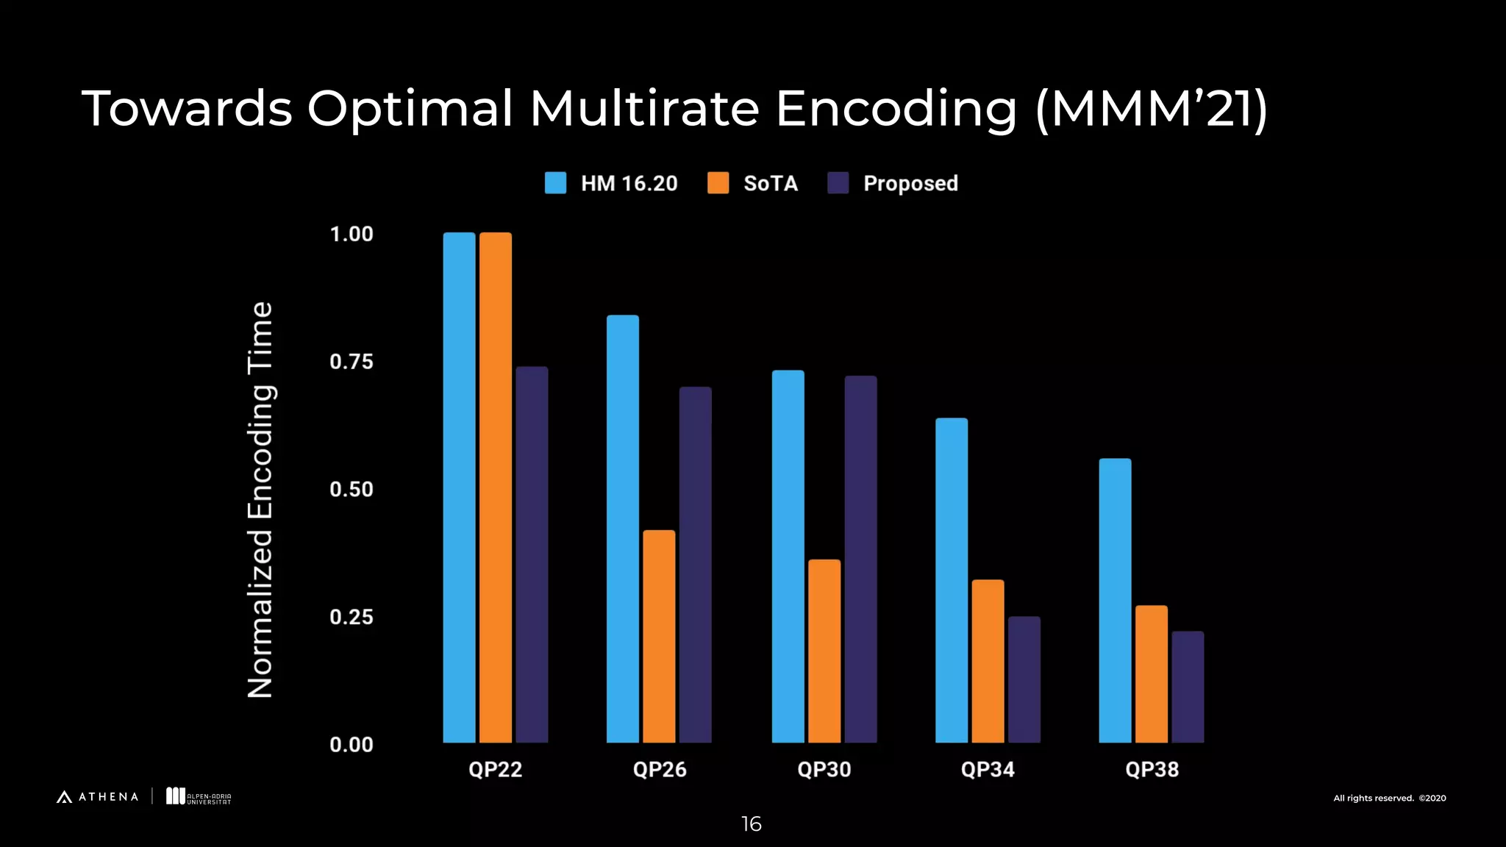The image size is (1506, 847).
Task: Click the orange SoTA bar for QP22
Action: pos(495,487)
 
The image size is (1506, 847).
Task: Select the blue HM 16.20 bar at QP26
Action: pos(622,529)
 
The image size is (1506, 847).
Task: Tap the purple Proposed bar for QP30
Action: pos(860,559)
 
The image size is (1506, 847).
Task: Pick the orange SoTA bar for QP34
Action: pos(988,661)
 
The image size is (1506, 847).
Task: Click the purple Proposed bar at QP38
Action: pos(1188,687)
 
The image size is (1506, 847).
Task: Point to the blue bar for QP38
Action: pos(1115,600)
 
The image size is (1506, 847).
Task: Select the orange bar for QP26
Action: pos(659,636)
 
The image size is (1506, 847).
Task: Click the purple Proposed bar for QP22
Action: pos(532,554)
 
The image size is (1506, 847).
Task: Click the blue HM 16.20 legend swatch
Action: pos(555,183)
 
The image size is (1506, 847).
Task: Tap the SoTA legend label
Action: pos(770,183)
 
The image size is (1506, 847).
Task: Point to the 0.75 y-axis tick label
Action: pos(351,362)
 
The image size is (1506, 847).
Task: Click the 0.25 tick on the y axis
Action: pos(351,617)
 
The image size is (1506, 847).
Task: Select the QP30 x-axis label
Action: pos(824,770)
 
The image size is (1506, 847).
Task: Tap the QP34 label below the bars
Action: pos(988,770)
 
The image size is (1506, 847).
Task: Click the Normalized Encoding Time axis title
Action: pos(260,499)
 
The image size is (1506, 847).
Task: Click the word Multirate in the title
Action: pos(644,109)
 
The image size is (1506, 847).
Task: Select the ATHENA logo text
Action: pos(108,797)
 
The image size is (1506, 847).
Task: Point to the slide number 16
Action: pos(751,824)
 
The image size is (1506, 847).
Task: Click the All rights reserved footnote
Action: pos(1389,798)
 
